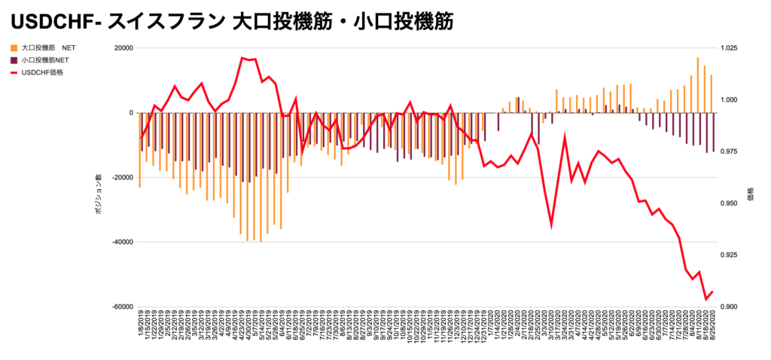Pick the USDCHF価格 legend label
43,72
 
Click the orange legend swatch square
14,47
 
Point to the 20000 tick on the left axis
121,48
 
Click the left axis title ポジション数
97,199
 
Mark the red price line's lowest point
706,299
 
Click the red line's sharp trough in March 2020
551,224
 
